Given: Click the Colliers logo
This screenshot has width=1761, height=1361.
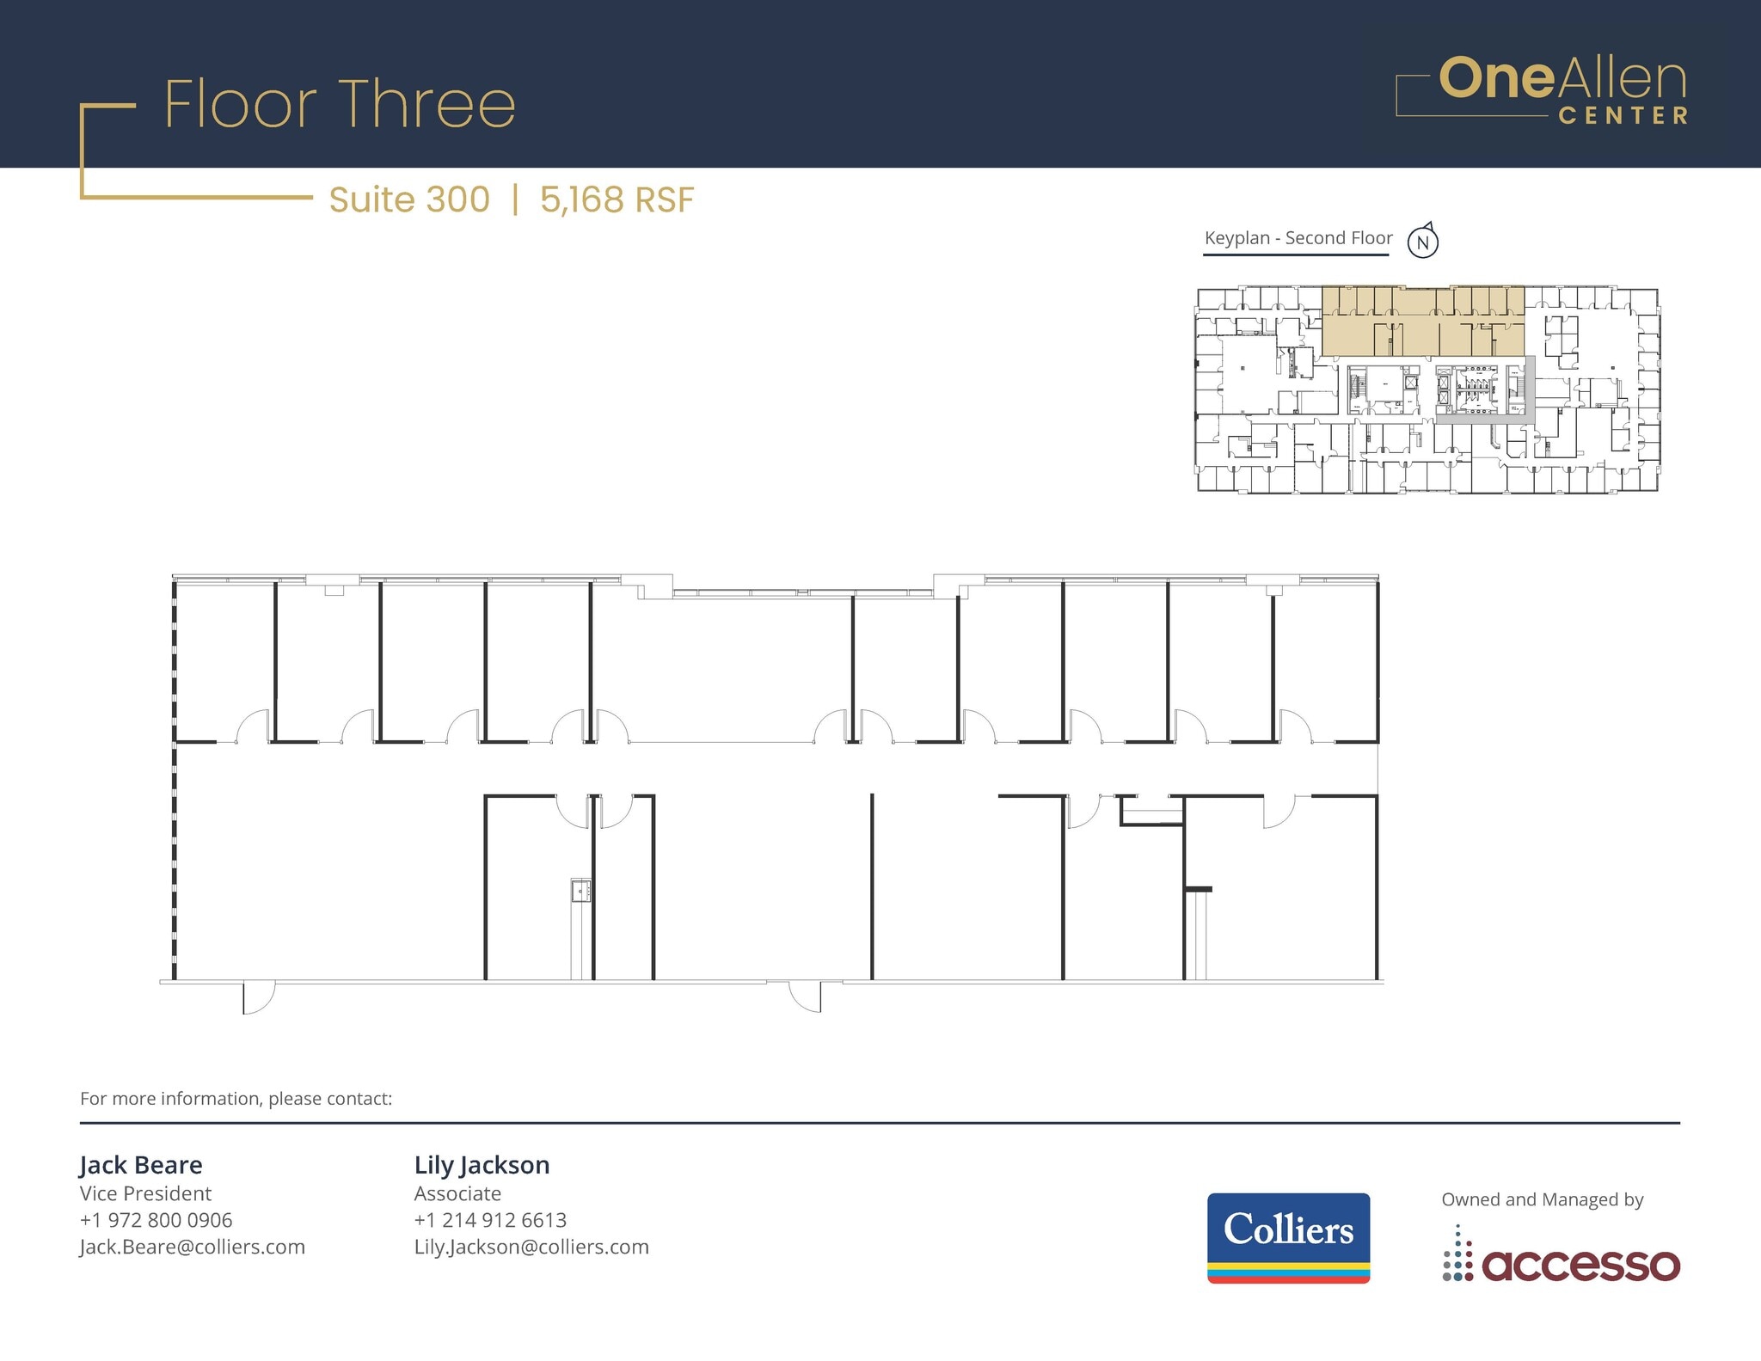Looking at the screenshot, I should point(1288,1237).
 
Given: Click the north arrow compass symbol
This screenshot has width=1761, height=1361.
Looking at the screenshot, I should point(1423,242).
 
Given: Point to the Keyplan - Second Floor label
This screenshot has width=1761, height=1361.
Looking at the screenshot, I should point(1298,238).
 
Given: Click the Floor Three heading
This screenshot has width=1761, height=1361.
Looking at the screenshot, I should point(340,105).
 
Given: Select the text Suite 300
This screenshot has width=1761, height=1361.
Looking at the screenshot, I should point(409,199).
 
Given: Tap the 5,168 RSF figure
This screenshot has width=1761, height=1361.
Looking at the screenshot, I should point(617,199).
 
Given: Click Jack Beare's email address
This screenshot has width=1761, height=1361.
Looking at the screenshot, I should point(193,1247).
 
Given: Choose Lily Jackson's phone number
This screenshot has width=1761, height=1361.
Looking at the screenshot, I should point(490,1220).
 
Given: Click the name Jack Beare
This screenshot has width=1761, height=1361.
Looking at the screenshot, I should point(141,1165).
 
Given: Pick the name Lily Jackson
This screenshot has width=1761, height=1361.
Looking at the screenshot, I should point(482,1165).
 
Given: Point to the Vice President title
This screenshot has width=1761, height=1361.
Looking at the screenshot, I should point(145,1193).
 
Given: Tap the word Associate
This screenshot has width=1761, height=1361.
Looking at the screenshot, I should point(457,1193).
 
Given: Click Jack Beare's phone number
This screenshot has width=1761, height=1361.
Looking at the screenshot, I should point(156,1220).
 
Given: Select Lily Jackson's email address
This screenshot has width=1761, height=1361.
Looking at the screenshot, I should point(531,1247).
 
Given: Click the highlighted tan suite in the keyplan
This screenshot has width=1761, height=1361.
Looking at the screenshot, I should point(1422,322).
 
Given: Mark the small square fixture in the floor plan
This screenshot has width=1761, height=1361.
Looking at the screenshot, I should point(581,891).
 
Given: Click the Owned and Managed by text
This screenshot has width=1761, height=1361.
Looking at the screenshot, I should point(1543,1199).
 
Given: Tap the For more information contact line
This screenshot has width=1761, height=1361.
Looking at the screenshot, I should point(236,1099).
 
